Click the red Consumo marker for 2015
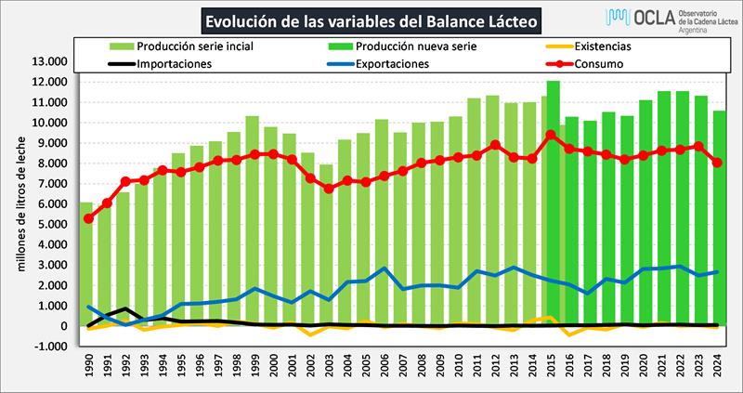(553, 135)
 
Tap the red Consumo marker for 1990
(87, 218)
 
